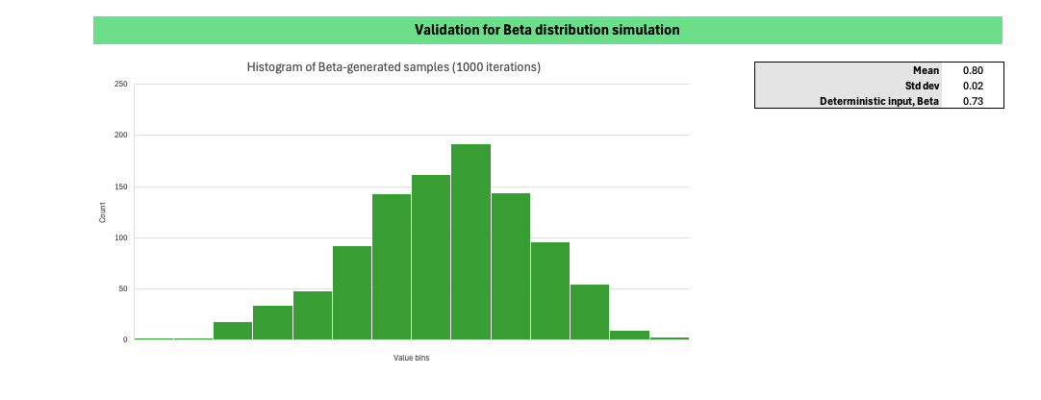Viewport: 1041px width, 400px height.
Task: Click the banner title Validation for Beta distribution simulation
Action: point(546,30)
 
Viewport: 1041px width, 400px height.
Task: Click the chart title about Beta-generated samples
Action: point(394,67)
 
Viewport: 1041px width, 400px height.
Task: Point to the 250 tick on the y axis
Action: point(121,85)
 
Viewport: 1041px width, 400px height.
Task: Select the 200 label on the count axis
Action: point(121,136)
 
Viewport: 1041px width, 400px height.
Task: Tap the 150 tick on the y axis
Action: point(121,187)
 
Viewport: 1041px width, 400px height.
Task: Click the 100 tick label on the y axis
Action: point(121,237)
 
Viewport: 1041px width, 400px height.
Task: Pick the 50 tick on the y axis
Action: point(123,288)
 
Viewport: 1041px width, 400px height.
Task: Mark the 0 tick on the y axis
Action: point(125,339)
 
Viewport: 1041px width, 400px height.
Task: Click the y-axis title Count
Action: point(103,212)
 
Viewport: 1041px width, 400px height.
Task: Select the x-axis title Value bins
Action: point(411,359)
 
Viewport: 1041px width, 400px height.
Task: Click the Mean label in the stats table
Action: point(926,70)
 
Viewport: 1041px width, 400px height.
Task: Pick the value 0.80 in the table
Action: point(972,70)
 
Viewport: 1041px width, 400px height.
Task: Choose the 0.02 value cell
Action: point(972,86)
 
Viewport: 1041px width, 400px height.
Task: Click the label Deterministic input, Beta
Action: point(878,101)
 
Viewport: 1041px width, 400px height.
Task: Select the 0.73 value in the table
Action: point(972,101)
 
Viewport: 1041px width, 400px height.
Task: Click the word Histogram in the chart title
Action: point(274,67)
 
